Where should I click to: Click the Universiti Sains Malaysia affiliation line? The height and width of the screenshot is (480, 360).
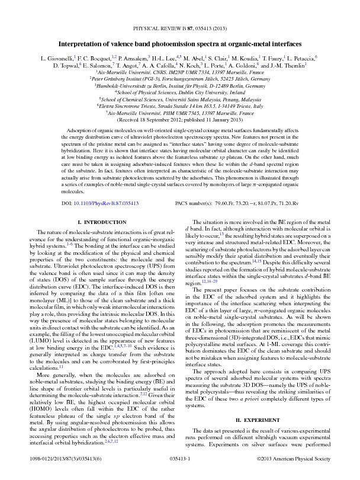click(x=179, y=100)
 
